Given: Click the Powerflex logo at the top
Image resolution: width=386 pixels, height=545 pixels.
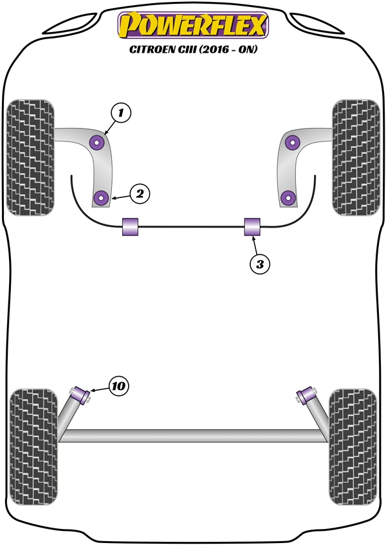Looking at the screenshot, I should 192,25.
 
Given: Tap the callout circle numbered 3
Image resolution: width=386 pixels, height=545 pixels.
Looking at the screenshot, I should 259,263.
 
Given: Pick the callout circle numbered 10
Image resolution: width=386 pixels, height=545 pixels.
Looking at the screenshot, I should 118,386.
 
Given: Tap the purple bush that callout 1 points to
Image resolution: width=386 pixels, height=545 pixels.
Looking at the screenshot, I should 98,142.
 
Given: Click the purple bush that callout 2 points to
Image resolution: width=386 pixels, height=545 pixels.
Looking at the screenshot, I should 100,197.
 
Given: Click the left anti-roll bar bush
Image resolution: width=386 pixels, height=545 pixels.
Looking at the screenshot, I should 131,227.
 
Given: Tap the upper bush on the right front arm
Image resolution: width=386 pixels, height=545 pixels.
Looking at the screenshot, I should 293,142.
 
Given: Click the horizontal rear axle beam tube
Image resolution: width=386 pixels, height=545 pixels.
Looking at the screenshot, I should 193,436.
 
